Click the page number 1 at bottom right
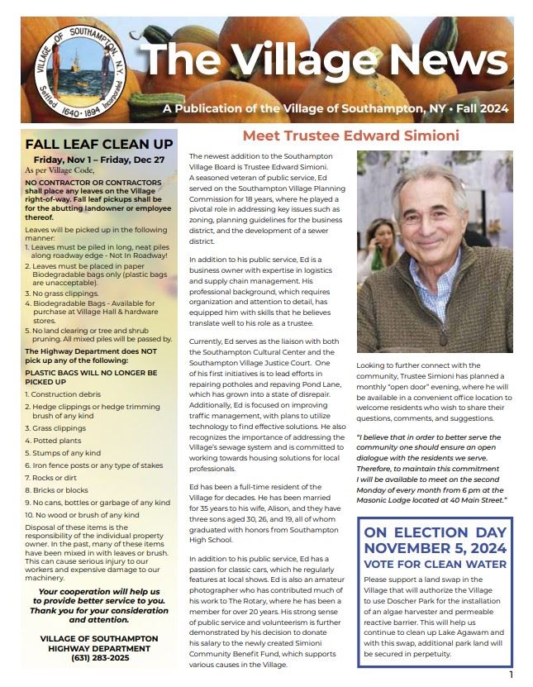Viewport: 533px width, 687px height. (x=512, y=675)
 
